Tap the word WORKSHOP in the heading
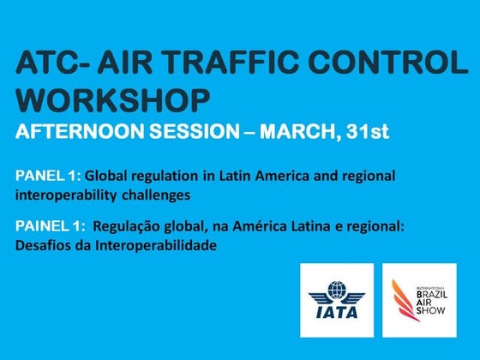112,99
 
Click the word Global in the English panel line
102,176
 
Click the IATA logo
336,301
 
